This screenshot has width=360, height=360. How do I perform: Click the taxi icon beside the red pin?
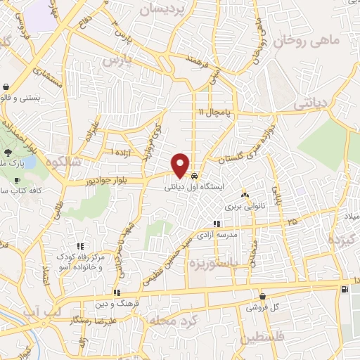click(x=194, y=176)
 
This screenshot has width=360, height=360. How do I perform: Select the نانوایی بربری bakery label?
click(x=243, y=207)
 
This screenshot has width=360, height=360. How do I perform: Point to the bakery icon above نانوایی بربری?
click(x=245, y=195)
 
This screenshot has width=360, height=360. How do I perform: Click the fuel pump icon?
click(x=344, y=289)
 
